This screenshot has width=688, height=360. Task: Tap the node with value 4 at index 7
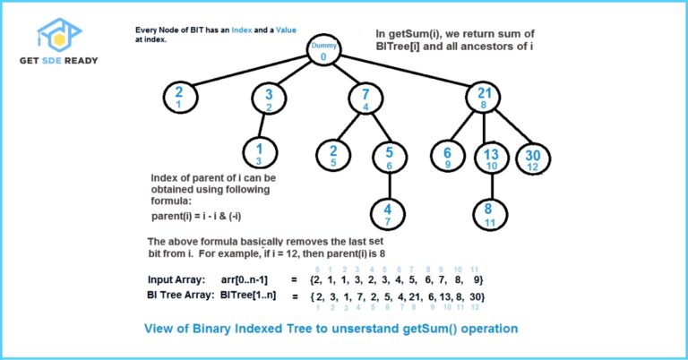(x=389, y=213)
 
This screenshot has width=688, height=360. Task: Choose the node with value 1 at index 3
(x=259, y=152)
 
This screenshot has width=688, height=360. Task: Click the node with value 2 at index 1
(x=179, y=97)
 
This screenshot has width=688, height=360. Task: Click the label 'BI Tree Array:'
(x=184, y=295)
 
